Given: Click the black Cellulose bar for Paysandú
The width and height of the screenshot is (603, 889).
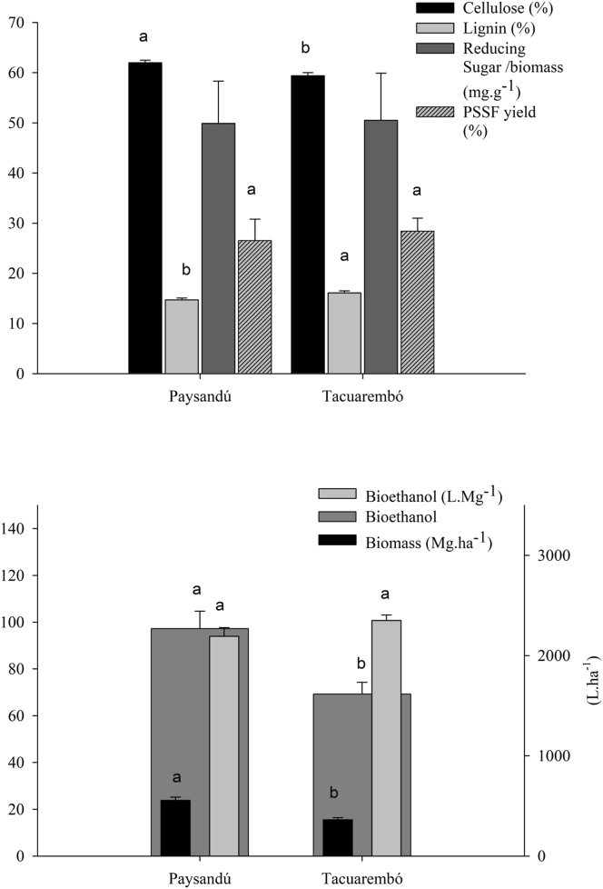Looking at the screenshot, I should tap(145, 218).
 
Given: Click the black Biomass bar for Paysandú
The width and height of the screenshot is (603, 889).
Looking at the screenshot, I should tap(175, 828).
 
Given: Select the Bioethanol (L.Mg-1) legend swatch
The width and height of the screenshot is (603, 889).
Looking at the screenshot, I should tap(329, 494).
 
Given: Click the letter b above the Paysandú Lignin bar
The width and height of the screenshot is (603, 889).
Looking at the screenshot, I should tap(185, 270).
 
